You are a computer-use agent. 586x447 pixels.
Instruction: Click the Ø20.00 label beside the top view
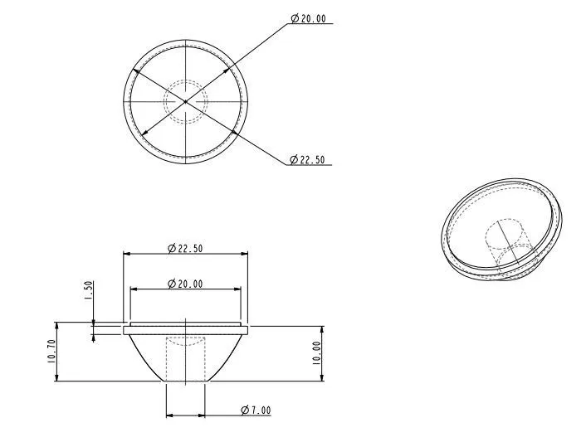(x=308, y=18)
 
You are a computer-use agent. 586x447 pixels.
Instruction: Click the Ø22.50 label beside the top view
(x=307, y=160)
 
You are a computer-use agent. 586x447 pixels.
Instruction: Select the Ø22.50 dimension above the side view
(x=185, y=248)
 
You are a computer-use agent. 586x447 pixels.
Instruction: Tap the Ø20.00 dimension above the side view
(x=185, y=284)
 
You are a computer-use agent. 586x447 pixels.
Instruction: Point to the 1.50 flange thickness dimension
(x=89, y=290)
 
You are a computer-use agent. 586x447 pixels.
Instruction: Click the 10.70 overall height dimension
(x=51, y=351)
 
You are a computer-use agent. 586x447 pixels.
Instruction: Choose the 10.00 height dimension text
(x=316, y=353)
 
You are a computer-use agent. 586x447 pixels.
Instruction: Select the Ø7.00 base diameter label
(x=256, y=410)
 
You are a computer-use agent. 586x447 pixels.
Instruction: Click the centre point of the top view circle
(x=185, y=101)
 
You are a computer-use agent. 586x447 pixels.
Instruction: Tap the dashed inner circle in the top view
(x=185, y=80)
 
